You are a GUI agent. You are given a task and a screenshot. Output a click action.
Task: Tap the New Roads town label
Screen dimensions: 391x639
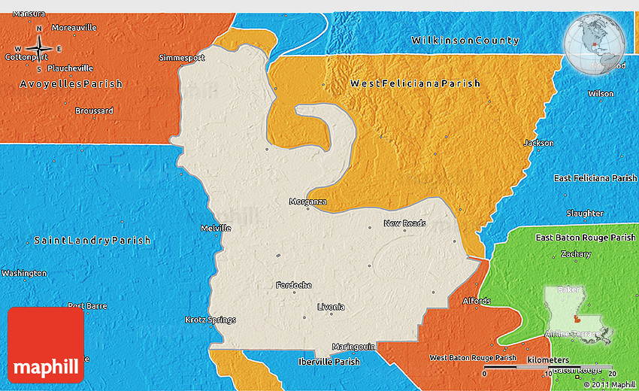point(404,223)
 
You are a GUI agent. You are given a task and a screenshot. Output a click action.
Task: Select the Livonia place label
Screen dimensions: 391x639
point(331,307)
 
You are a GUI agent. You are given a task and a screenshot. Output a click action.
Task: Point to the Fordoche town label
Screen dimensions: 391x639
point(293,285)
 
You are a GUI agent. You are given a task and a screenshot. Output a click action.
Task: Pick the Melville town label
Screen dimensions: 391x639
point(216,228)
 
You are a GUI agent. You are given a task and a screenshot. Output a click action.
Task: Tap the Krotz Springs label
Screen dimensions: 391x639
point(210,320)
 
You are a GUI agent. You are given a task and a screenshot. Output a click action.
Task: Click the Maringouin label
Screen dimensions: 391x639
point(344,347)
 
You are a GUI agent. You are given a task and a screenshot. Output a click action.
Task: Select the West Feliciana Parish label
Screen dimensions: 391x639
point(415,83)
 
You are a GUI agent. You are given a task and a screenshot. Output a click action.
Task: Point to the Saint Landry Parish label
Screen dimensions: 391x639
point(92,241)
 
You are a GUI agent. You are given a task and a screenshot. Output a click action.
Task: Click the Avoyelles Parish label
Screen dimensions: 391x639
point(71,84)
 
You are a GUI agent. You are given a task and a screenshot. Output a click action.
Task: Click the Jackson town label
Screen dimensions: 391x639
point(538,143)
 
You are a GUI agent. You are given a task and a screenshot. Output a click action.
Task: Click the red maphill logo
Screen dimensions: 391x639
point(46,345)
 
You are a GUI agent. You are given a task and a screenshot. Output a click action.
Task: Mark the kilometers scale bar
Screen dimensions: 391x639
point(549,368)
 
